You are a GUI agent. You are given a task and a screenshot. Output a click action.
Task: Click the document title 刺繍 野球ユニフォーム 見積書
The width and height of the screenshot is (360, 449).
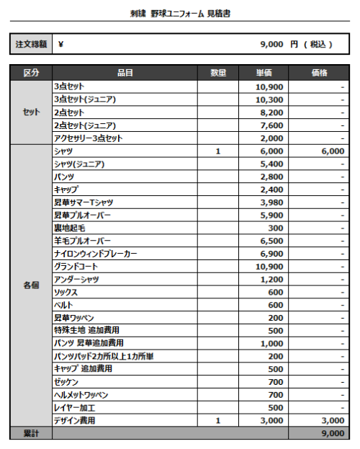pos(180,14)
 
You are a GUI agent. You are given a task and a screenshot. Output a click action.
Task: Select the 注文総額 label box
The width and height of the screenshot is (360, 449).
pos(31,44)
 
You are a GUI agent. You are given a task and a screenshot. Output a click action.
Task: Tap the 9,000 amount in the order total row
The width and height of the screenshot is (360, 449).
pos(271,44)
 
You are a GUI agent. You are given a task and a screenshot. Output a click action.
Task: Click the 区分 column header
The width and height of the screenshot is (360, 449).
pos(31,74)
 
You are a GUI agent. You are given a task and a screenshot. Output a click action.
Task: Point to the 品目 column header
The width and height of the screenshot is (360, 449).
pos(125,74)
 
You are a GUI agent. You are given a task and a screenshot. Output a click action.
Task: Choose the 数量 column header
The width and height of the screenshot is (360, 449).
pos(218,74)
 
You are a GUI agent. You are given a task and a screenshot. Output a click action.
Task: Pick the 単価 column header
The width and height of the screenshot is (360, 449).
pos(264,74)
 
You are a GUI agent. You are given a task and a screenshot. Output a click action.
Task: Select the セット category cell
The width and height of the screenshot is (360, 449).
pos(31,112)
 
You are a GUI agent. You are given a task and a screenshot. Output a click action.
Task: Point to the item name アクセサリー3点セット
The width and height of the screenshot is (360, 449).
pos(89,138)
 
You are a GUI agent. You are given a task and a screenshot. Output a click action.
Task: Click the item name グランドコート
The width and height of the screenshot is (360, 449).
pos(76,267)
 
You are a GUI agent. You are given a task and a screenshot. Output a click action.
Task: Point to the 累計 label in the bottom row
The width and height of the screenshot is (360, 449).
pos(31,433)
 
